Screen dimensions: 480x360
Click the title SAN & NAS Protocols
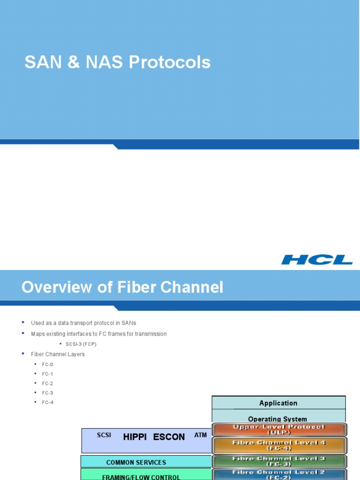point(118,62)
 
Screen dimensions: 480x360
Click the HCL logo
point(317,260)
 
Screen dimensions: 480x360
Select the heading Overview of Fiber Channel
point(122,287)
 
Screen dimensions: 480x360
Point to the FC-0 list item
point(47,364)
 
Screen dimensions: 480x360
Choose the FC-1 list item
point(47,374)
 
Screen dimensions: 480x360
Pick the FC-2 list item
point(47,383)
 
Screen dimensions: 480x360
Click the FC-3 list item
point(47,393)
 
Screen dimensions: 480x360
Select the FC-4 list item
point(47,402)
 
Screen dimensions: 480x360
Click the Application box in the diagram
point(278,403)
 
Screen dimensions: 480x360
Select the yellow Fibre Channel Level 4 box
point(279,445)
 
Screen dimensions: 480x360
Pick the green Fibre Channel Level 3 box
point(279,461)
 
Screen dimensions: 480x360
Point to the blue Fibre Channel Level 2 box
point(279,474)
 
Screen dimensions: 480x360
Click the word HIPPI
point(135,437)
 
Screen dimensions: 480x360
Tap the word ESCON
point(169,437)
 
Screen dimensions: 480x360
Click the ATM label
point(201,435)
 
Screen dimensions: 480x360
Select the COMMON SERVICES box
point(136,462)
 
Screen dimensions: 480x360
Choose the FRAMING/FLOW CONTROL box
point(141,475)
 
